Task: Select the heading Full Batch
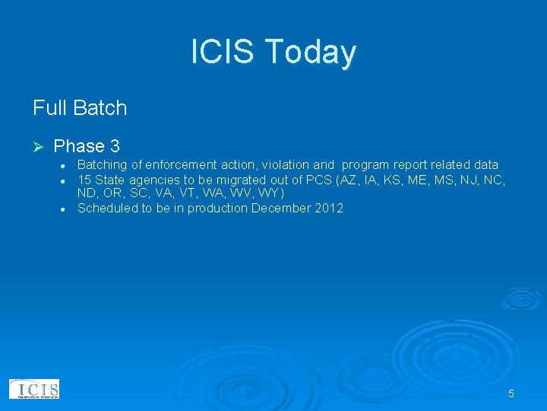coord(80,108)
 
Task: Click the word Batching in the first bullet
coord(102,165)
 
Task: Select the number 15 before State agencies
coord(85,180)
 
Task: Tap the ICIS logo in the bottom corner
coord(34,390)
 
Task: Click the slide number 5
coord(511,393)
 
